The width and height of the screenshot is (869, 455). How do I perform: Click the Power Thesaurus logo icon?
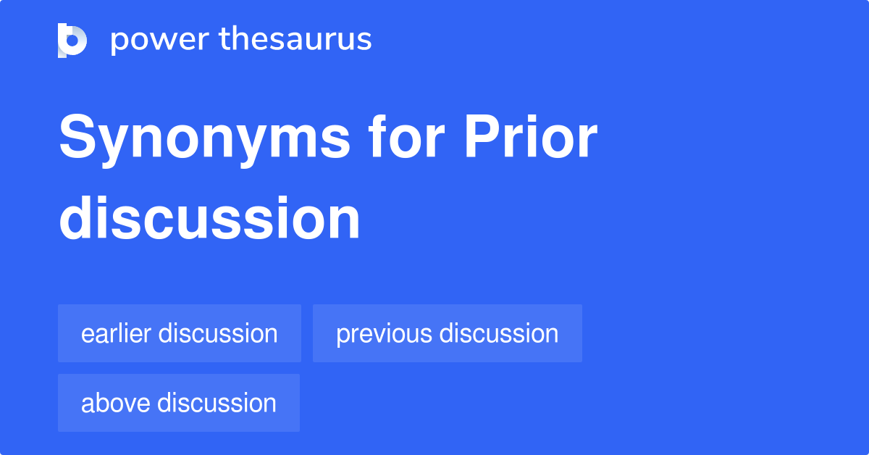(72, 40)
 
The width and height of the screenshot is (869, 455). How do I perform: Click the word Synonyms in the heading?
(204, 139)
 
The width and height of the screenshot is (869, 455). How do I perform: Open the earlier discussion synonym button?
(180, 333)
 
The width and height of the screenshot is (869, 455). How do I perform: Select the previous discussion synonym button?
(447, 333)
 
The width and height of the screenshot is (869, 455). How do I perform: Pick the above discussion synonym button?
(179, 403)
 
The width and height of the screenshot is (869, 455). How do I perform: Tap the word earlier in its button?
(117, 333)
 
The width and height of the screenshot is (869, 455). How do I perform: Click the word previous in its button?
(384, 334)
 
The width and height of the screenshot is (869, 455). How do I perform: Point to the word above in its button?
(116, 403)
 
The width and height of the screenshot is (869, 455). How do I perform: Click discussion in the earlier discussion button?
(218, 333)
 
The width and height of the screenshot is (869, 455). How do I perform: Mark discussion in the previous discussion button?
(499, 333)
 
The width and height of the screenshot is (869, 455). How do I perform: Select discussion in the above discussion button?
(217, 403)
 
